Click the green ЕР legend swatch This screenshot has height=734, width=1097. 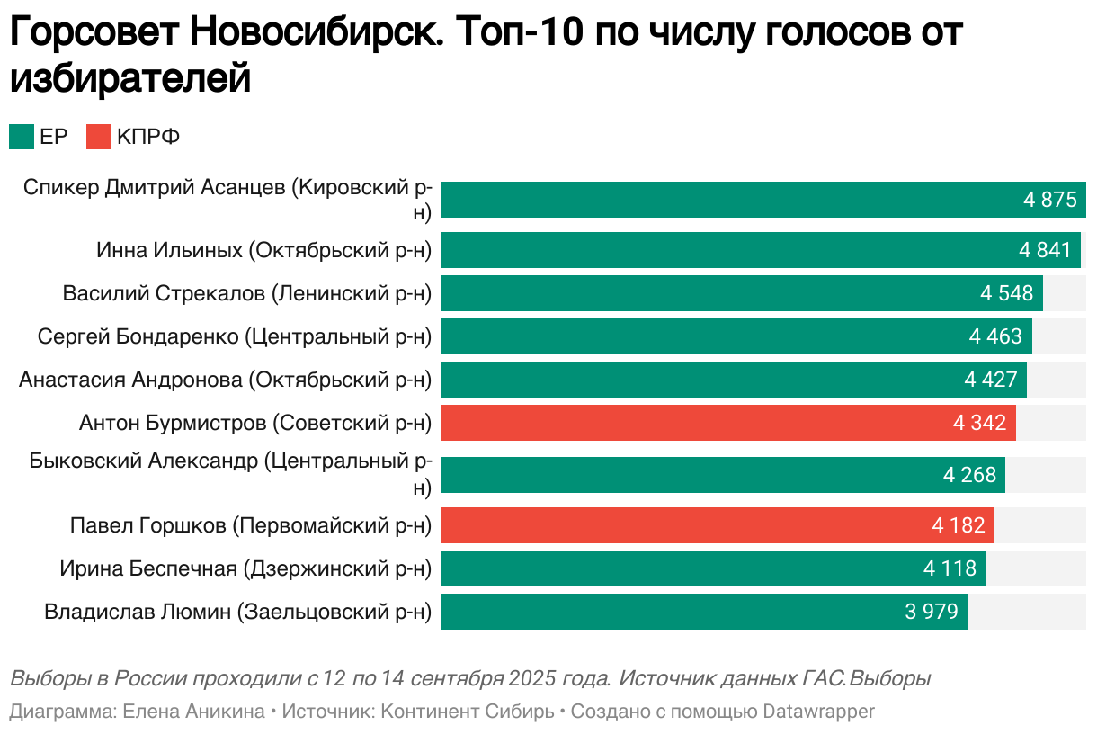tap(22, 137)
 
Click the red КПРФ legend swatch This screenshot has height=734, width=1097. tap(99, 137)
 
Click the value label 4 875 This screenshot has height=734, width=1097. tap(1049, 200)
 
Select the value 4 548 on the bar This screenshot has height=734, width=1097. tap(1007, 293)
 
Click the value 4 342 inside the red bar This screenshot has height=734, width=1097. tap(980, 423)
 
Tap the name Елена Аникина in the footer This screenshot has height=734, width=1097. tap(193, 712)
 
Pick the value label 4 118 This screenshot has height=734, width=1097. tap(950, 568)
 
